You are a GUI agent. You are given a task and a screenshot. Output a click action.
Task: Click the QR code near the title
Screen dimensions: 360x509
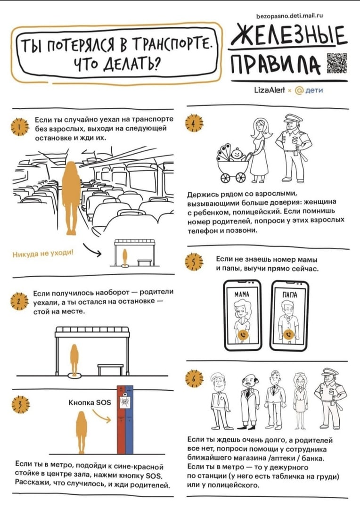(x=336, y=63)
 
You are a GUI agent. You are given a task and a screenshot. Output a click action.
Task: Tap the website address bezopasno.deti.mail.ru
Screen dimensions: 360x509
(x=289, y=15)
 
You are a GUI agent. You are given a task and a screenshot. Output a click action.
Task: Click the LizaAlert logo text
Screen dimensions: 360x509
(x=270, y=90)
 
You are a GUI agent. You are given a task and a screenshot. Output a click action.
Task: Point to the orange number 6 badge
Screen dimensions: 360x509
(x=194, y=379)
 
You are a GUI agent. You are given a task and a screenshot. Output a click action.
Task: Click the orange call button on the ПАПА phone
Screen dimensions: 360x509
(x=288, y=335)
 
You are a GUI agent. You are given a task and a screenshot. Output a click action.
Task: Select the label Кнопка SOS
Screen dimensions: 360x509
(x=90, y=402)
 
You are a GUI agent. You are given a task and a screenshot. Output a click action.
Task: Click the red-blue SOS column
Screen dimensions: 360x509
(x=125, y=420)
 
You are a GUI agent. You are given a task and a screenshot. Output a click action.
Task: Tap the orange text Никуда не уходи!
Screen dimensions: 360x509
(x=43, y=253)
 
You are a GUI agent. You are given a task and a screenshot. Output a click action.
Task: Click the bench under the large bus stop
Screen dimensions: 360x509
(x=111, y=369)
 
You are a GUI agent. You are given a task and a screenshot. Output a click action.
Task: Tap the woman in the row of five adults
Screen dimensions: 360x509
(x=300, y=400)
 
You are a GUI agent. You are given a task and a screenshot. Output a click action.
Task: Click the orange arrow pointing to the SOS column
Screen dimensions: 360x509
(x=102, y=416)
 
